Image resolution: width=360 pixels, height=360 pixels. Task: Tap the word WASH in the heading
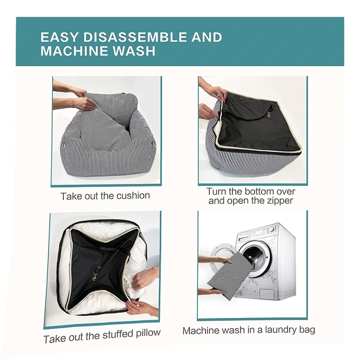tap(134, 51)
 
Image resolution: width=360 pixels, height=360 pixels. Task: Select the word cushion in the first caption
tap(133, 195)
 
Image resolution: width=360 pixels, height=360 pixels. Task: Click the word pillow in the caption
tap(148, 333)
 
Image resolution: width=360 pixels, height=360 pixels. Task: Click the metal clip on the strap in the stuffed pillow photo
tap(94, 277)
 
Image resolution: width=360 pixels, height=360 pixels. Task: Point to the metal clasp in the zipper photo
tap(269, 113)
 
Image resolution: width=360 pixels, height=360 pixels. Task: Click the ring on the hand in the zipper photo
tap(220, 94)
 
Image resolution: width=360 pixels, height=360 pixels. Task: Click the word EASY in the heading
tap(59, 37)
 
